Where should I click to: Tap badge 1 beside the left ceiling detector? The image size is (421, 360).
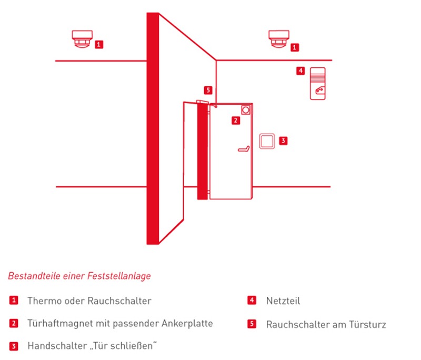(x=99, y=45)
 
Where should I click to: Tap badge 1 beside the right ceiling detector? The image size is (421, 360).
(x=295, y=47)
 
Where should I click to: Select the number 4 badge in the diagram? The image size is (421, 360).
(x=300, y=71)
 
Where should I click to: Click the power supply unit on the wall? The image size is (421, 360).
(x=317, y=84)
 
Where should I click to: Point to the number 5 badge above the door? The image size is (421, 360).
(x=208, y=90)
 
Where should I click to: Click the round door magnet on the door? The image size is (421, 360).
(x=245, y=110)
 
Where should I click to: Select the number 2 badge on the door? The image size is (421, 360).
(x=236, y=121)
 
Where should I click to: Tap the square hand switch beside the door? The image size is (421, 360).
(x=267, y=141)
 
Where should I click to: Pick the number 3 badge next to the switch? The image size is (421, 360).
(x=283, y=141)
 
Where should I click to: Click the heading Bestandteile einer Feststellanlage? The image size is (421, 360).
(x=79, y=275)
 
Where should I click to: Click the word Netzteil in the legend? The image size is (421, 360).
(x=283, y=301)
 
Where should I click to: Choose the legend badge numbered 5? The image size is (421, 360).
(x=252, y=324)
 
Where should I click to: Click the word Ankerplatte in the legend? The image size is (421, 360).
(x=188, y=323)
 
